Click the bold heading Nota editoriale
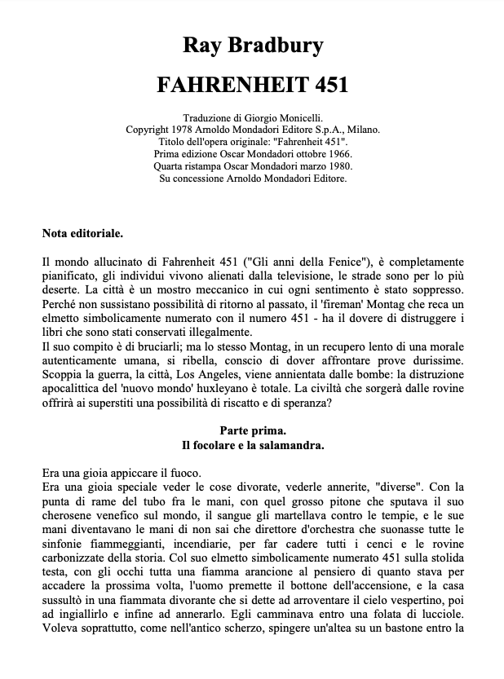coord(82,234)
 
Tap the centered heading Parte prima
coord(252,430)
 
